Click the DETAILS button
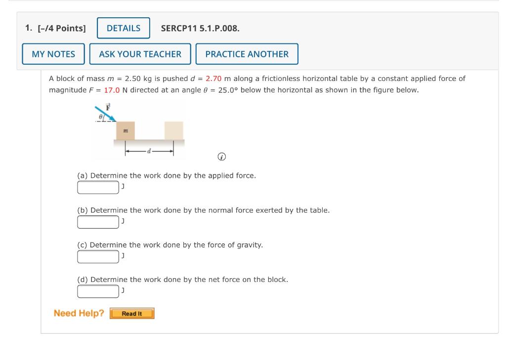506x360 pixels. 124,28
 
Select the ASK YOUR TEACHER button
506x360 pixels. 140,54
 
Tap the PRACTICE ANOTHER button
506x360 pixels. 247,54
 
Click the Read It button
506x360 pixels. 132,314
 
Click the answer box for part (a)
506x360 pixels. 98,188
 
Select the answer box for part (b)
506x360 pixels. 98,222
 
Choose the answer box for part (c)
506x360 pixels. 98,257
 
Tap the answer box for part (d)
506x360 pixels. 98,291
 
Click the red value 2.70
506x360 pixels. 213,79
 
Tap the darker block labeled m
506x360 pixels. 126,130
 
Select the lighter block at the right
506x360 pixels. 173,130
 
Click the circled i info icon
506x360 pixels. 222,157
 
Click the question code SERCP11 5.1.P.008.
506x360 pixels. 200,28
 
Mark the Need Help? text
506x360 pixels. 79,313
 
